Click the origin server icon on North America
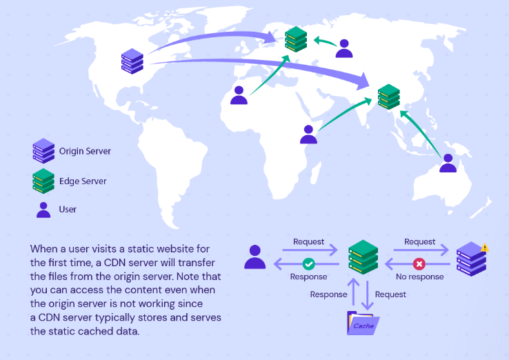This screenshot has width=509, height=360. pyautogui.click(x=132, y=61)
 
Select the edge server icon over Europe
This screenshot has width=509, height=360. pyautogui.click(x=295, y=39)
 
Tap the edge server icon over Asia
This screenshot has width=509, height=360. pyautogui.click(x=388, y=97)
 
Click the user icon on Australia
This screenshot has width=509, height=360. pyautogui.click(x=448, y=163)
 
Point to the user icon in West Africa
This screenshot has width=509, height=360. pyautogui.click(x=239, y=95)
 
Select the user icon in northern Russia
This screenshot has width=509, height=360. pyautogui.click(x=343, y=48)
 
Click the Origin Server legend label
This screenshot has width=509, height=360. pyautogui.click(x=84, y=151)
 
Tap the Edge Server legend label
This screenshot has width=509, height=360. pyautogui.click(x=83, y=181)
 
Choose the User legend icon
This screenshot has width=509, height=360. pyautogui.click(x=43, y=210)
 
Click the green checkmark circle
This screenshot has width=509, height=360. pyautogui.click(x=309, y=263)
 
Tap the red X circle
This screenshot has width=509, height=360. pyautogui.click(x=419, y=263)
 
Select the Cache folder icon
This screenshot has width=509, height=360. pyautogui.click(x=363, y=323)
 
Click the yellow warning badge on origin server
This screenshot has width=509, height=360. pyautogui.click(x=485, y=247)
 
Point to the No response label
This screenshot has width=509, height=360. pyautogui.click(x=420, y=277)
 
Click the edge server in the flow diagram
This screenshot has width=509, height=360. pyautogui.click(x=363, y=257)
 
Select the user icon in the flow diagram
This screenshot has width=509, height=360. pyautogui.click(x=254, y=257)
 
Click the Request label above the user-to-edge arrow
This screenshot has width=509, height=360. pyautogui.click(x=308, y=241)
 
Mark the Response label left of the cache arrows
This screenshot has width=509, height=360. pyautogui.click(x=328, y=294)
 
